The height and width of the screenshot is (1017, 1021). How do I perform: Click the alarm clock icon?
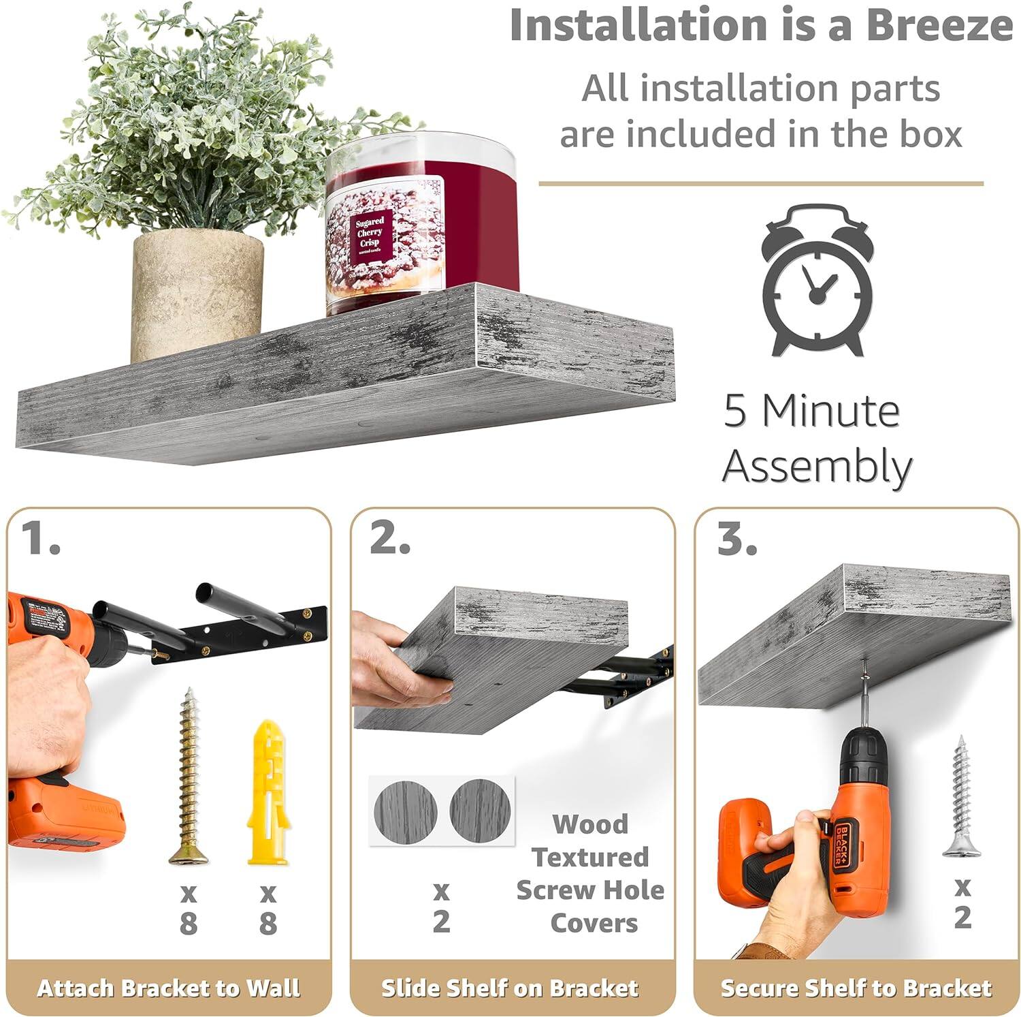point(817,281)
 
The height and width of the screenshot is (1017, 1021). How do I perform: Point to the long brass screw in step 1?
point(187,777)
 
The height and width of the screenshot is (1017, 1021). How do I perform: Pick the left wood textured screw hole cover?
point(406,811)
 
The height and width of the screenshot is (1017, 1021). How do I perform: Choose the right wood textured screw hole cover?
point(480,811)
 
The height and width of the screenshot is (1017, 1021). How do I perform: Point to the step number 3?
point(736,539)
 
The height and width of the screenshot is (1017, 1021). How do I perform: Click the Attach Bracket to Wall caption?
point(168,988)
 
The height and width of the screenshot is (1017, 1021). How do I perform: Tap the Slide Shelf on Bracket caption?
point(510,988)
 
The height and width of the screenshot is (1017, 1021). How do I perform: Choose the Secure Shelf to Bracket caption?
point(856,988)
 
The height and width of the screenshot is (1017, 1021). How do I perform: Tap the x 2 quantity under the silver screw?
point(962,903)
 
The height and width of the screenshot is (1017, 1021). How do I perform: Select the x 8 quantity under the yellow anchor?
point(268,908)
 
